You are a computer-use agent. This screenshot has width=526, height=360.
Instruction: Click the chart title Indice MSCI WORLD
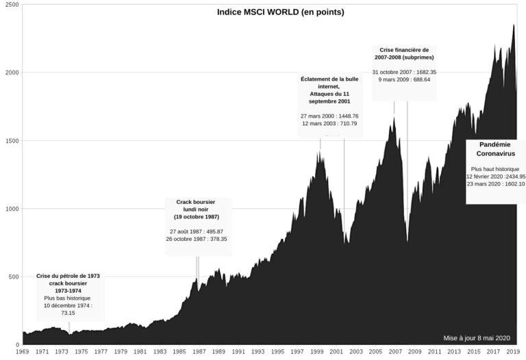[280, 12]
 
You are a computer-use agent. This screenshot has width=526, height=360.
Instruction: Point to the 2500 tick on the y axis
[10, 5]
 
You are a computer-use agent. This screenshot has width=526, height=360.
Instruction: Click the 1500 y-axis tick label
[10, 141]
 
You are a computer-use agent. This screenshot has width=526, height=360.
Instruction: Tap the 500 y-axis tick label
[12, 277]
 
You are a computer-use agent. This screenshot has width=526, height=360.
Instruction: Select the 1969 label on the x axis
[23, 352]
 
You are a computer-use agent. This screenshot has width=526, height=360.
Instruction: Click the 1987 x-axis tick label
[199, 352]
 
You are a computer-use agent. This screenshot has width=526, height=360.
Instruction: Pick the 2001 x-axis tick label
[336, 352]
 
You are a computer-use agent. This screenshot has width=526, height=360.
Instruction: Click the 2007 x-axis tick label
[394, 352]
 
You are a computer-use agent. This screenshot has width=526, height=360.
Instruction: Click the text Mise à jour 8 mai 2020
[477, 337]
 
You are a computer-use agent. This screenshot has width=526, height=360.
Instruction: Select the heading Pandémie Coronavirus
[495, 149]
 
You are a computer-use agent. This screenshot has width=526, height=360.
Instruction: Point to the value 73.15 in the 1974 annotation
[68, 313]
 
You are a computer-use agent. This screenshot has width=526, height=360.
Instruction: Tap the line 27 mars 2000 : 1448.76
[329, 116]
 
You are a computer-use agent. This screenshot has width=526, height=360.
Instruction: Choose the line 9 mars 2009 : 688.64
[404, 79]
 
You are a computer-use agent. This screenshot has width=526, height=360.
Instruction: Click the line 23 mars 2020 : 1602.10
[495, 183]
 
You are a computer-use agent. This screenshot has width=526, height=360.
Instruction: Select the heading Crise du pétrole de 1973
[68, 276]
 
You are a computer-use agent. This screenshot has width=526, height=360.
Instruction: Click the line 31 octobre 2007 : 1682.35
[404, 72]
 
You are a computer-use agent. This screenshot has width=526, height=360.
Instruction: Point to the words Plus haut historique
[495, 168]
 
